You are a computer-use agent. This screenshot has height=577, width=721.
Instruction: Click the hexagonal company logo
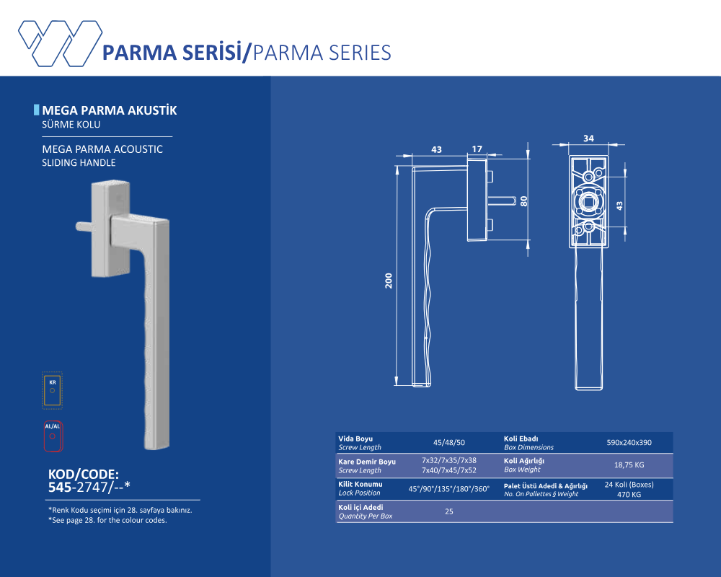(60, 43)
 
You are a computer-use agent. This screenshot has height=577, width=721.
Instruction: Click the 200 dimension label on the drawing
(389, 281)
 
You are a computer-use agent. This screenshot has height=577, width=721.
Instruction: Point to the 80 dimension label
(523, 201)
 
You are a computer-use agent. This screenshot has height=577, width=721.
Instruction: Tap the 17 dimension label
(477, 149)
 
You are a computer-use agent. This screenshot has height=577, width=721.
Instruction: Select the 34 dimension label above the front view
(588, 138)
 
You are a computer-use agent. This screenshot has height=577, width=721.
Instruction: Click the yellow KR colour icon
(53, 391)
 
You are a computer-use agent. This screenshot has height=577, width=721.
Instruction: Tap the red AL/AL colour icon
(53, 436)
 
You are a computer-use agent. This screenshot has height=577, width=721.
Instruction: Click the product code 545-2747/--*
(89, 487)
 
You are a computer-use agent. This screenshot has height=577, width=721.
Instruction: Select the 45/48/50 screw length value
(448, 443)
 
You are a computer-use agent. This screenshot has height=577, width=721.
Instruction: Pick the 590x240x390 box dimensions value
(629, 443)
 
